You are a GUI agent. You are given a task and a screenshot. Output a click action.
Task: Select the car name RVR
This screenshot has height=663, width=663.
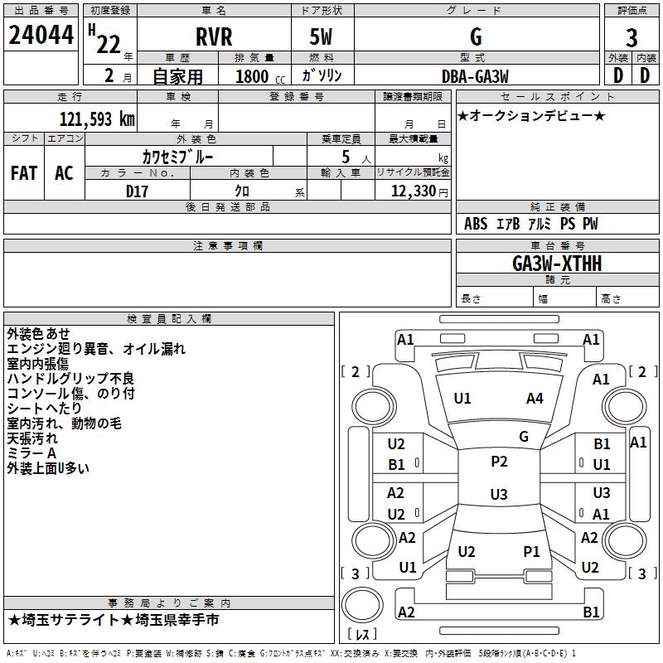pyautogui.click(x=214, y=37)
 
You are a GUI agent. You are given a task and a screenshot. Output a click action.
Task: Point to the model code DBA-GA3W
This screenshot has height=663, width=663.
pyautogui.click(x=474, y=75)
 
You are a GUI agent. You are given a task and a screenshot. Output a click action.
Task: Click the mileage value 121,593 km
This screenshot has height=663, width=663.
pyautogui.click(x=97, y=119)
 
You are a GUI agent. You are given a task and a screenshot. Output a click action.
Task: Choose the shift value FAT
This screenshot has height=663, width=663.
pyautogui.click(x=24, y=173)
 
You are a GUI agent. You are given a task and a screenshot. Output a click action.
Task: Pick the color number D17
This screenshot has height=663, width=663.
pyautogui.click(x=138, y=191)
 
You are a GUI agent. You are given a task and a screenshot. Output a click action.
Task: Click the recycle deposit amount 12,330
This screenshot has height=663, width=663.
pyautogui.click(x=412, y=191)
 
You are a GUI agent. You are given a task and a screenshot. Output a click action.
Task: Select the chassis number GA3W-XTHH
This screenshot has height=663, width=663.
pyautogui.click(x=557, y=264)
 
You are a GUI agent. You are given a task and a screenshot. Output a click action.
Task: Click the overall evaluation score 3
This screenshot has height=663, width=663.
pyautogui.click(x=632, y=38)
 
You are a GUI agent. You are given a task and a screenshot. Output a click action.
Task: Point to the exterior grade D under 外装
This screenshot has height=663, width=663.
pyautogui.click(x=618, y=75)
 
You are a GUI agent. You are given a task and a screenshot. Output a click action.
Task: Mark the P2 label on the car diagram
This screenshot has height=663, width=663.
pyautogui.click(x=499, y=462)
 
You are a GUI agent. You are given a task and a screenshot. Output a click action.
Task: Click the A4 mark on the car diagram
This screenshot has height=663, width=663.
pyautogui.click(x=535, y=399)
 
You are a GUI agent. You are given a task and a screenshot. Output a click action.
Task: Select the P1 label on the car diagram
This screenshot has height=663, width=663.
pyautogui.click(x=531, y=551)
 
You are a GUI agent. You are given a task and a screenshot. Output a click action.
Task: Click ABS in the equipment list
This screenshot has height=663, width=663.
pyautogui.click(x=476, y=224)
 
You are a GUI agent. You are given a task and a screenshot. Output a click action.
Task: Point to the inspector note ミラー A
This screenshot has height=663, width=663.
pyautogui.click(x=31, y=453)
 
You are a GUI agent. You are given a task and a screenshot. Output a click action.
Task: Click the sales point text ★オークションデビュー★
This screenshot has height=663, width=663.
pyautogui.click(x=531, y=115)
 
